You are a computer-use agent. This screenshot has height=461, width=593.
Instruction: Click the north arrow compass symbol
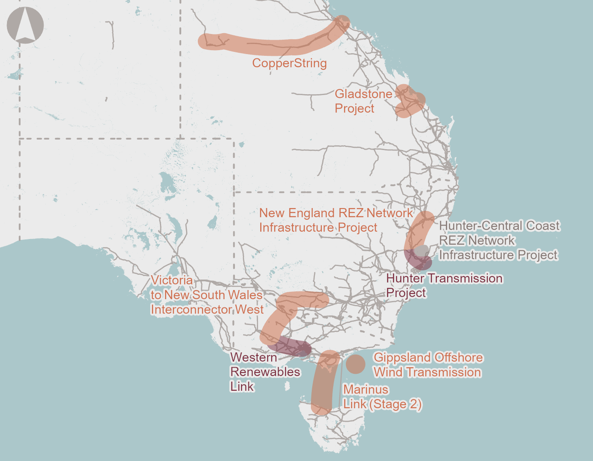pyautogui.click(x=25, y=25)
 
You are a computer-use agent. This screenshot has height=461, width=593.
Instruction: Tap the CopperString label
pyautogui.click(x=289, y=63)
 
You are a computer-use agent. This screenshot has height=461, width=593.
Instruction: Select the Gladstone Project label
pyautogui.click(x=363, y=101)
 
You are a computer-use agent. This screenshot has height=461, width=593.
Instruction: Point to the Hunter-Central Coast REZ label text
pyautogui.click(x=499, y=240)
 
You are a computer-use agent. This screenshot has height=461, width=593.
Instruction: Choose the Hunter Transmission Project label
pyautogui.click(x=444, y=285)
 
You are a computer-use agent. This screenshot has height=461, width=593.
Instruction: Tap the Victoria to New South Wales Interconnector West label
pyautogui.click(x=207, y=295)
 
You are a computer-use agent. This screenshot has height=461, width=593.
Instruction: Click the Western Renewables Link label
pyautogui.click(x=265, y=372)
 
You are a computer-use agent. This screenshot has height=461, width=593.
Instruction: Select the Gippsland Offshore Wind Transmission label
pyautogui.click(x=428, y=365)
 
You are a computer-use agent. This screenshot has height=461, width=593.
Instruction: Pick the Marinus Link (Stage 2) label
pyautogui.click(x=382, y=397)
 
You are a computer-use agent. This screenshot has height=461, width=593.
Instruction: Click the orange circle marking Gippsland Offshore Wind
pyautogui.click(x=356, y=364)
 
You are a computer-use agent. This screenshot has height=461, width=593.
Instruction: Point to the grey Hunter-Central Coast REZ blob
pyautogui.click(x=421, y=251)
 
